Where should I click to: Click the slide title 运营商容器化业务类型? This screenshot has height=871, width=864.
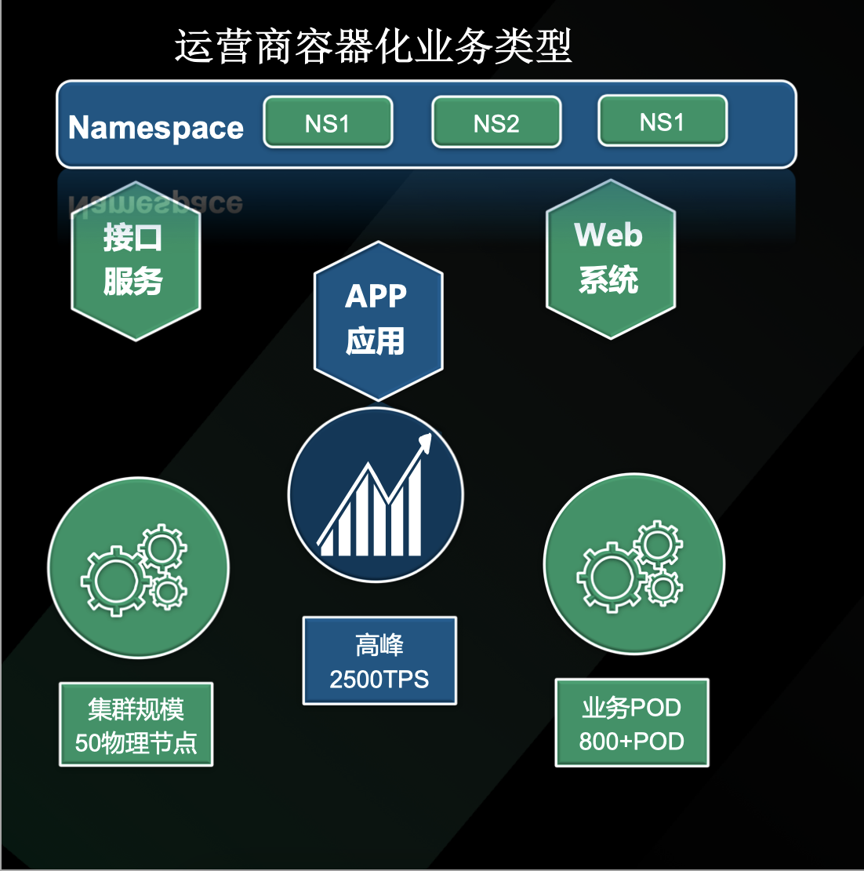click(373, 46)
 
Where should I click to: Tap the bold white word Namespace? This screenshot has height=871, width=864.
click(156, 128)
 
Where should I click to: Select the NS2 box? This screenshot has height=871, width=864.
click(496, 122)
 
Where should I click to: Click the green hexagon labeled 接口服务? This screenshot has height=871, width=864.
click(136, 261)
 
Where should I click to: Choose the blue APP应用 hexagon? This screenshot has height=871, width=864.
click(379, 320)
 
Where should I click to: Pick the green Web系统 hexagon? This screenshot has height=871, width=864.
click(611, 259)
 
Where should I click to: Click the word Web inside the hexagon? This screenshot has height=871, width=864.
click(608, 235)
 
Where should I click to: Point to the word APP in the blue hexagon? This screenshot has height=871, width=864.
click(376, 296)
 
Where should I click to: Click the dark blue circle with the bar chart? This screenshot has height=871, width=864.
click(376, 494)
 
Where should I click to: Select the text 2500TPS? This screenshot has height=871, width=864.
click(379, 680)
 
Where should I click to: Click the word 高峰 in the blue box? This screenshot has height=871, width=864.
click(379, 645)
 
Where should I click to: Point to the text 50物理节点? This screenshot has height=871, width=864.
click(136, 742)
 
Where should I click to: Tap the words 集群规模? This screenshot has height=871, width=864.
click(136, 709)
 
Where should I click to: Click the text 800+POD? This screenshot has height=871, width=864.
click(631, 741)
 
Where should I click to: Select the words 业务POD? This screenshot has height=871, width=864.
click(631, 707)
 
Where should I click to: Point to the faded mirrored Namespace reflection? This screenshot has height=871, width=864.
click(156, 202)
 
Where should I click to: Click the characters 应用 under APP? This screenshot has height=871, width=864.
click(376, 341)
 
